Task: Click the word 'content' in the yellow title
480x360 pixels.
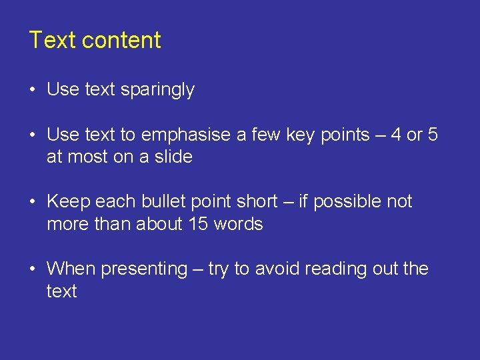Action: tap(121, 40)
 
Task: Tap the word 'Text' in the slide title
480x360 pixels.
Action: tap(53, 40)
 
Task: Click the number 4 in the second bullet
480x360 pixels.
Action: tap(396, 135)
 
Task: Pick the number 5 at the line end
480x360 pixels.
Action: tap(433, 135)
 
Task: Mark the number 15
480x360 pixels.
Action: tap(198, 224)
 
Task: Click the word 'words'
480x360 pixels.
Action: tap(238, 224)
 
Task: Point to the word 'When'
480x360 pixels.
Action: tap(70, 269)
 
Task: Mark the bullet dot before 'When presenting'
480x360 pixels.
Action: tap(33, 270)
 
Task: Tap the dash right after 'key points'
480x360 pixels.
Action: tap(380, 136)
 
